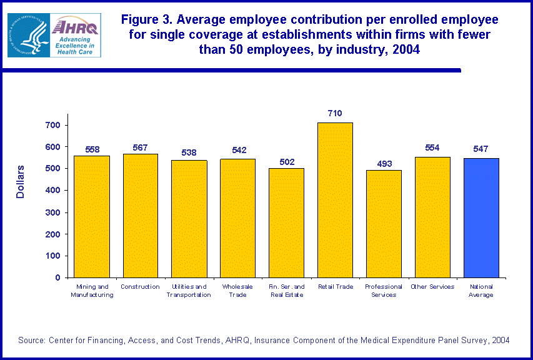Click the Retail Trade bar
click(x=335, y=200)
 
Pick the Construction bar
click(x=140, y=216)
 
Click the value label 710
click(x=335, y=113)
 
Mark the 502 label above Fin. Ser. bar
click(x=286, y=162)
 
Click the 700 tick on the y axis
click(x=53, y=125)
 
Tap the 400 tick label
click(x=53, y=191)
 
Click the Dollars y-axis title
click(x=20, y=182)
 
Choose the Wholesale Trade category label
click(x=237, y=291)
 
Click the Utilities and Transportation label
click(x=189, y=291)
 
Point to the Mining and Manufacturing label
click(x=92, y=291)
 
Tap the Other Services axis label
click(x=432, y=287)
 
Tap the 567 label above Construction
click(x=141, y=147)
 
